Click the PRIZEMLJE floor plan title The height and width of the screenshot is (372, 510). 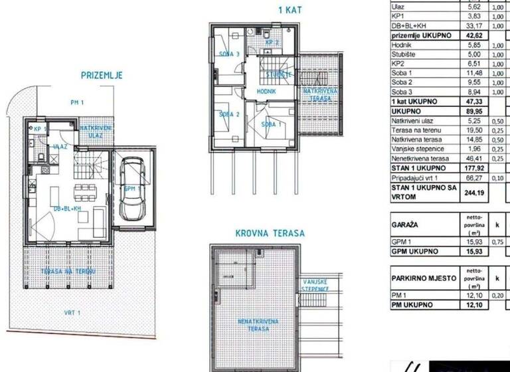pyautogui.click(x=101, y=75)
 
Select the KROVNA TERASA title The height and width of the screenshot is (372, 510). pyautogui.click(x=270, y=233)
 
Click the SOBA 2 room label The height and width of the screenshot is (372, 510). pyautogui.click(x=228, y=114)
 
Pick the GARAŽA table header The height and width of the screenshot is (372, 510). pyautogui.click(x=404, y=225)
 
